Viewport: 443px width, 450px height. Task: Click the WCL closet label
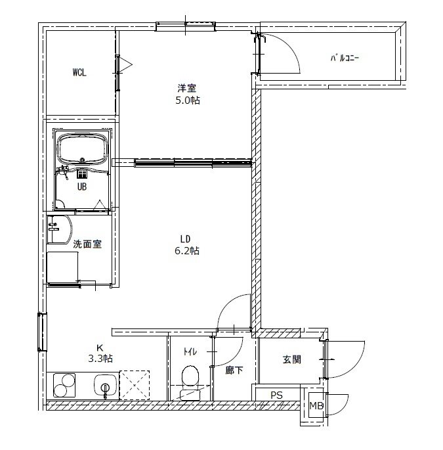(x=79, y=72)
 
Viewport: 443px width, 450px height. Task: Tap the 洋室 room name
(x=186, y=88)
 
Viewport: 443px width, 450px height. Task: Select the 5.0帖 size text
(x=188, y=101)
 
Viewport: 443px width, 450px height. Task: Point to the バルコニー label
(x=345, y=58)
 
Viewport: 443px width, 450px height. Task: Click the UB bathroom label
(x=82, y=187)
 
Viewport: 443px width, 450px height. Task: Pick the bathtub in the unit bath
(x=82, y=149)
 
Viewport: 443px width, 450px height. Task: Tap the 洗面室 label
(x=87, y=244)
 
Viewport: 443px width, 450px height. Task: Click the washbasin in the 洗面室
(x=60, y=229)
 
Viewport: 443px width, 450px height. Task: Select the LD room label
(x=185, y=238)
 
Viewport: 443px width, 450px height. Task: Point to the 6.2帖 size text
(x=187, y=251)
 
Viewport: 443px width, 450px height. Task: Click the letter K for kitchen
(x=100, y=348)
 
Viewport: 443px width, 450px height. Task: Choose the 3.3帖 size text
(x=100, y=359)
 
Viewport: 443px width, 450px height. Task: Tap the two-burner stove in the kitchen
(x=64, y=386)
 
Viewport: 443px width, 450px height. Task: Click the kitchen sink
(x=105, y=386)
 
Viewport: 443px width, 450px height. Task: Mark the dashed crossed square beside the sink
(x=135, y=385)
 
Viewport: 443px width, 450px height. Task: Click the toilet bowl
(x=190, y=376)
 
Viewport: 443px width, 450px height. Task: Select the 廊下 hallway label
(x=234, y=371)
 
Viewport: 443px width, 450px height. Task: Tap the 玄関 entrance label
(x=292, y=359)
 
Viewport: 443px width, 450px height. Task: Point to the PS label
(x=276, y=395)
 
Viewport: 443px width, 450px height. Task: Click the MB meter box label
(x=316, y=406)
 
